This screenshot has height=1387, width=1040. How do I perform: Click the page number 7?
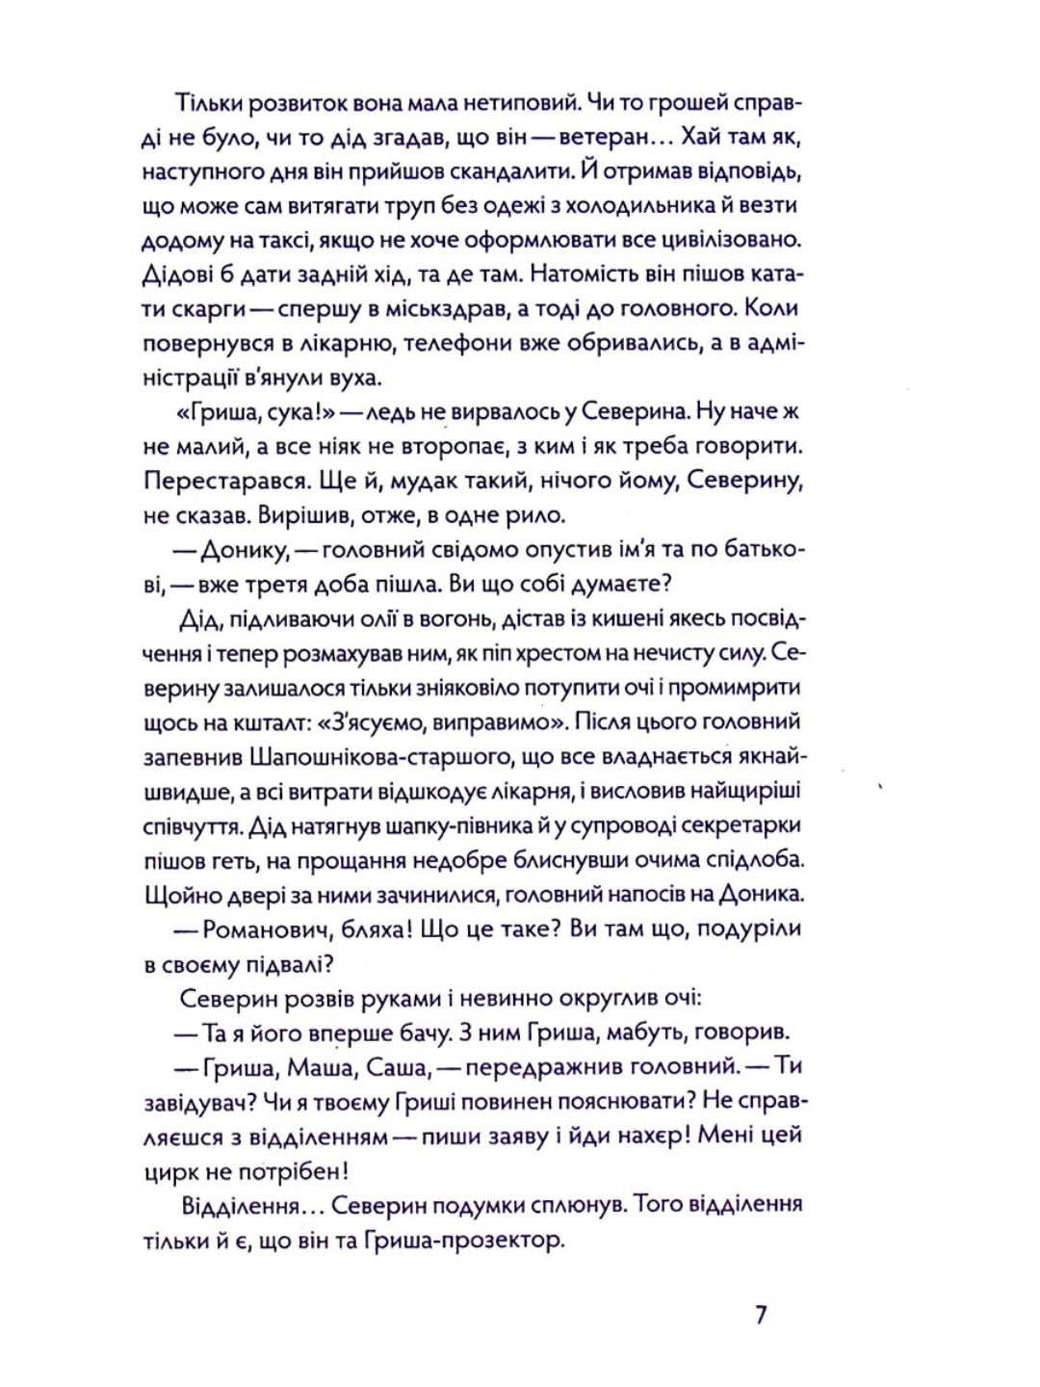pyautogui.click(x=761, y=1315)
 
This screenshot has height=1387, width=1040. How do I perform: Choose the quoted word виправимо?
pyautogui.click(x=482, y=722)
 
